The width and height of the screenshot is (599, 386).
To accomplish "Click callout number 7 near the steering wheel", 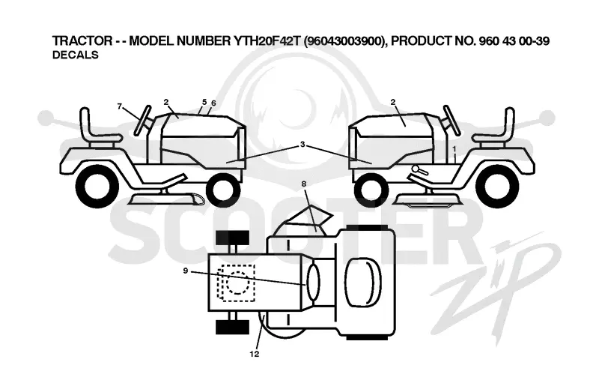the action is click(x=120, y=106).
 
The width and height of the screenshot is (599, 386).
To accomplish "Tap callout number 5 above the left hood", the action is click(x=204, y=102).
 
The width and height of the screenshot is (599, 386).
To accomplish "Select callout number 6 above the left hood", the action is click(x=213, y=103).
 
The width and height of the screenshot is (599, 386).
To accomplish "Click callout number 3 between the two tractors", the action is click(x=302, y=144).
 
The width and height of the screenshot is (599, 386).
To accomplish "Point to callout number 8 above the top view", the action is click(x=304, y=184).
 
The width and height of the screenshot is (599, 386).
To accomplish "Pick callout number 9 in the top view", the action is click(x=185, y=271).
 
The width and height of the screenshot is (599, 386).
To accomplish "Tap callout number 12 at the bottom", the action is click(x=255, y=354).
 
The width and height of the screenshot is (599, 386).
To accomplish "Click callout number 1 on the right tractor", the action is click(x=454, y=148).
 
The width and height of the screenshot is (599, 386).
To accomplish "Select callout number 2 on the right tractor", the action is click(x=393, y=102).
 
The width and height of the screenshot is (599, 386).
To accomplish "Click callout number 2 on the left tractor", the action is click(x=165, y=102).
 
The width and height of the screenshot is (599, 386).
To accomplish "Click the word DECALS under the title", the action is click(x=76, y=55).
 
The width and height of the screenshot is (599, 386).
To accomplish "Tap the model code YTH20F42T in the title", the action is click(x=265, y=40).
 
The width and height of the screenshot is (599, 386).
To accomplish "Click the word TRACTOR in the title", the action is click(x=82, y=40).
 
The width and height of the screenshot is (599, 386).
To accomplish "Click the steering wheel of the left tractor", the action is click(x=142, y=120).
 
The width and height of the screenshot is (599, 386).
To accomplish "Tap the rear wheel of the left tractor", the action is click(x=98, y=187).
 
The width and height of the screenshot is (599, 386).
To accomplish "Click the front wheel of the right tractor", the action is click(x=371, y=190).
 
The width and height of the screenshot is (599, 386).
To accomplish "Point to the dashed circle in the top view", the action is click(x=238, y=283).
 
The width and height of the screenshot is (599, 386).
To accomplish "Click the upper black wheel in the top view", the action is click(x=232, y=238).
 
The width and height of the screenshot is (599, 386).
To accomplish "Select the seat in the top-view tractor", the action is click(x=363, y=282).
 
